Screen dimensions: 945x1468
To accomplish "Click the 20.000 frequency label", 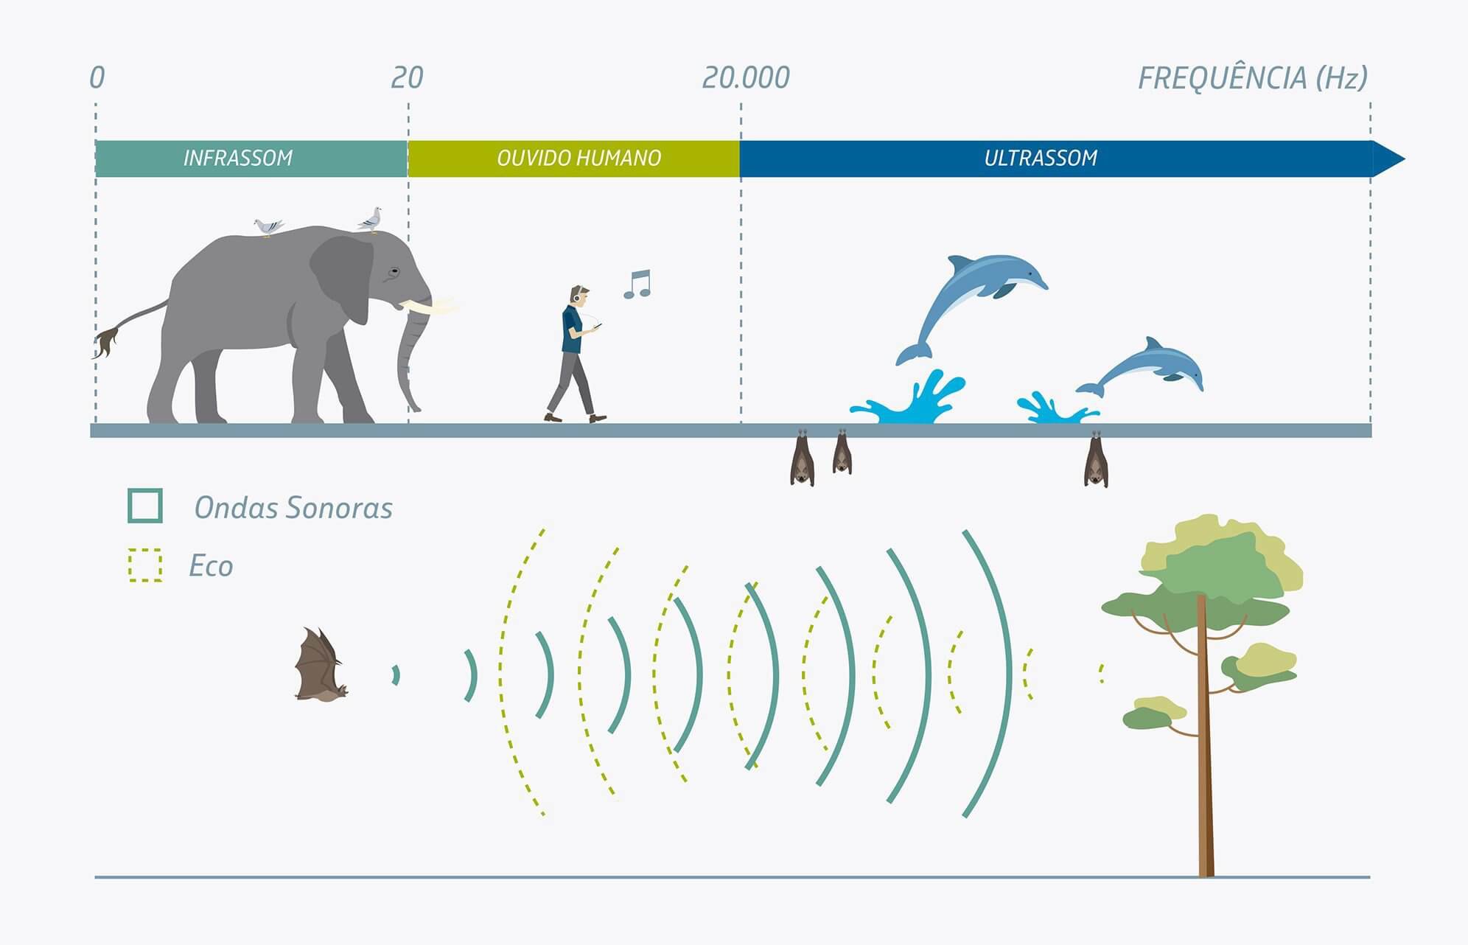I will tap(745, 78).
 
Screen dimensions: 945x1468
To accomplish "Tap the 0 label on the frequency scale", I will tap(97, 78).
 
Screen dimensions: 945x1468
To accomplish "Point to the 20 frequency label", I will tap(407, 78).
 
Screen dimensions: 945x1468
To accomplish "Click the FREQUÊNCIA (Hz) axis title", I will tap(1252, 78).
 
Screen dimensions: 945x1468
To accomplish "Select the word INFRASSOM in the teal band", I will tap(238, 158).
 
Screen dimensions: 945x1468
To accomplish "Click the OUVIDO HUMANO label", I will tap(579, 158).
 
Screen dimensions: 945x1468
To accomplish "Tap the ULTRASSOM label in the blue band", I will tap(1041, 158).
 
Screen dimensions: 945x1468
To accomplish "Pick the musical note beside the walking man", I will tap(638, 284).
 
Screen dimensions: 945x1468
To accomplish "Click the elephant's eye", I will tap(394, 273).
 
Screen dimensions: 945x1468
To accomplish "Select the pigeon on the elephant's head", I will tap(370, 220).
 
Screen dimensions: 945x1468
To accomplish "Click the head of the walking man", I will tap(579, 296).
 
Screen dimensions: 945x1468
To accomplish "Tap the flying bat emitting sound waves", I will tap(318, 666).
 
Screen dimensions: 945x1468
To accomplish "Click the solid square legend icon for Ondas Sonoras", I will tap(145, 506).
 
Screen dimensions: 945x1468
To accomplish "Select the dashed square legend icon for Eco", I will tap(145, 565).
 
